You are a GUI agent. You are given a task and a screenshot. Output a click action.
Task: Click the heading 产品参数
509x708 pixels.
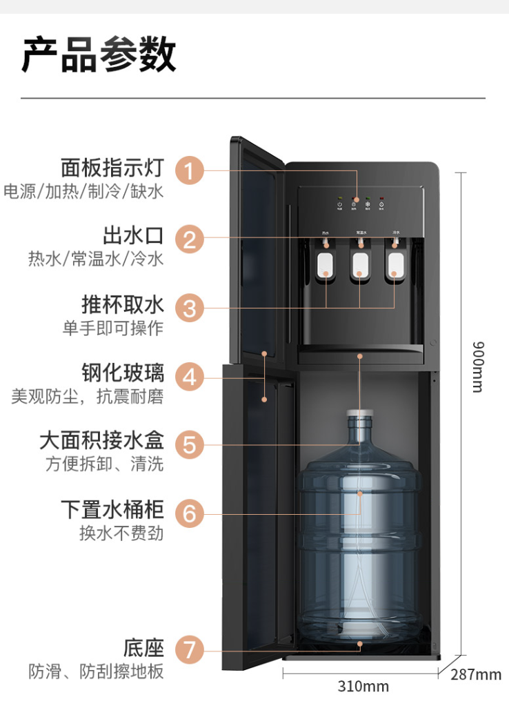[99, 55]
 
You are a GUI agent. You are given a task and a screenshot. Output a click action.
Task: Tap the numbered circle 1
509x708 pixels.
[190, 170]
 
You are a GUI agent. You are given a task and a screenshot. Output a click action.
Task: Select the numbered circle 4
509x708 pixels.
[190, 377]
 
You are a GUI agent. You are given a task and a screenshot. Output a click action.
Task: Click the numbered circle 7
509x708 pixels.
[190, 650]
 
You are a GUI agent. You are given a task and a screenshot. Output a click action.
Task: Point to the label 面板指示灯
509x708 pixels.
[112, 168]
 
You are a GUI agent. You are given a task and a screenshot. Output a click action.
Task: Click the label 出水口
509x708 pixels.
[133, 235]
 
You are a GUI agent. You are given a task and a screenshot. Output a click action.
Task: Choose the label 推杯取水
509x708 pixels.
[123, 304]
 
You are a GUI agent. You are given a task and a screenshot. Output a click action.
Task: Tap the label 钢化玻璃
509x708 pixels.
[123, 373]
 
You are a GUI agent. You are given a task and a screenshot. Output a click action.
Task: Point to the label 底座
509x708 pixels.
[143, 647]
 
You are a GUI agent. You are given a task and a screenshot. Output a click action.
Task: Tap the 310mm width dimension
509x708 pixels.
[363, 687]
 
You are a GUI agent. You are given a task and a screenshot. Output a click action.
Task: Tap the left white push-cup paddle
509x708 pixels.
[325, 264]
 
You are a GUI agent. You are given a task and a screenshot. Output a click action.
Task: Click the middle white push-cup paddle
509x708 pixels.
[359, 264]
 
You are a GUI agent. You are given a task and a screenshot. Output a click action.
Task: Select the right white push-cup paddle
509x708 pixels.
[394, 264]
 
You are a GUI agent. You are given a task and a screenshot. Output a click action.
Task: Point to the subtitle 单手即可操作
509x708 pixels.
[112, 328]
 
